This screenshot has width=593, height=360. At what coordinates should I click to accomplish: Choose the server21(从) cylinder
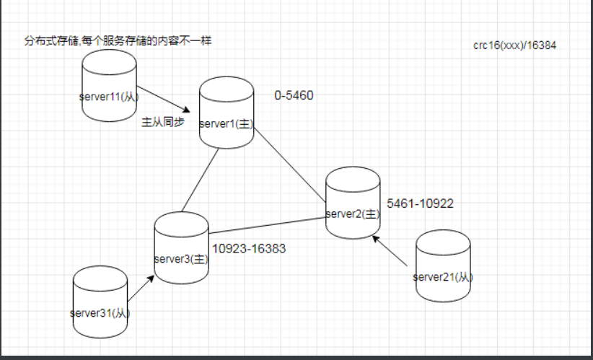coord(443,260)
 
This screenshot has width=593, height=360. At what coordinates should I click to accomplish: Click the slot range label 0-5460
coord(294,95)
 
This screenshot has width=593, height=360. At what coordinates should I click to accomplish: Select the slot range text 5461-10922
coord(420,203)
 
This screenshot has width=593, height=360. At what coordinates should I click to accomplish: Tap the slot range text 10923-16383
coord(249,249)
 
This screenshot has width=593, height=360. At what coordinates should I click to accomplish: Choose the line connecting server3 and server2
coord(267,224)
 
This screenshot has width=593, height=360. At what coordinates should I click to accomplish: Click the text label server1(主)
coord(226,124)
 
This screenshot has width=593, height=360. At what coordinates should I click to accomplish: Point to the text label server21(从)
coord(443,276)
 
